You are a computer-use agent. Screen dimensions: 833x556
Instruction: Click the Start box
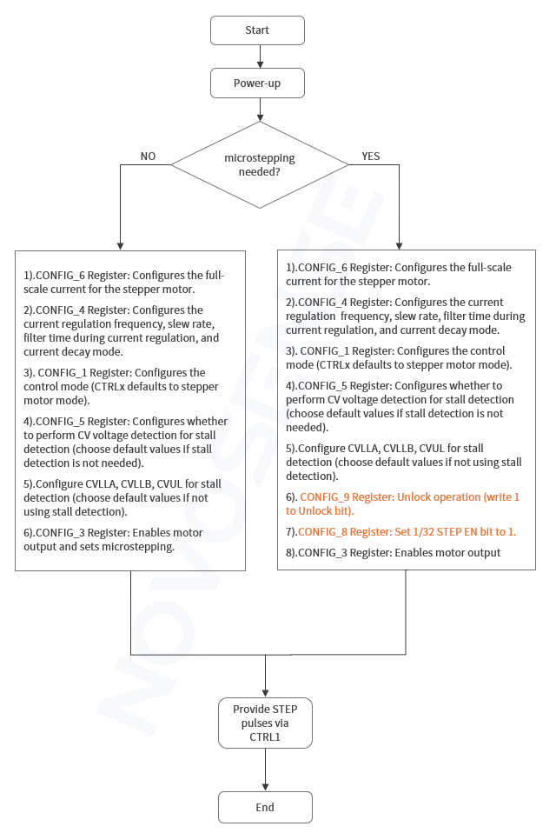pos(257,30)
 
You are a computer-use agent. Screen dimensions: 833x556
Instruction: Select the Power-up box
pos(257,83)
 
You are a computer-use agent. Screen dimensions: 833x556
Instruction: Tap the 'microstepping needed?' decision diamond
pos(260,165)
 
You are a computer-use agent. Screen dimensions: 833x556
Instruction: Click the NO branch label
pos(148,157)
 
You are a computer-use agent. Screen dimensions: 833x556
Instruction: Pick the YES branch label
pos(370,157)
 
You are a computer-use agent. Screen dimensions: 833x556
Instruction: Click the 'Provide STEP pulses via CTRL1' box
pos(264,723)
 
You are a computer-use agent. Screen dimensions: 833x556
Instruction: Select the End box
pos(264,807)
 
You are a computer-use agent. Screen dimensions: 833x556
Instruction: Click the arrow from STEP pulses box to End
pos(264,770)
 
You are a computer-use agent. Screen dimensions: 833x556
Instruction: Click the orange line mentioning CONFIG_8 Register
pos(407,531)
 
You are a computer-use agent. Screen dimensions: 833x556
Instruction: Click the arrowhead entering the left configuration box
pos(120,245)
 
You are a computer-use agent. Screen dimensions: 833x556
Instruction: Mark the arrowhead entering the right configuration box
pos(399,245)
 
